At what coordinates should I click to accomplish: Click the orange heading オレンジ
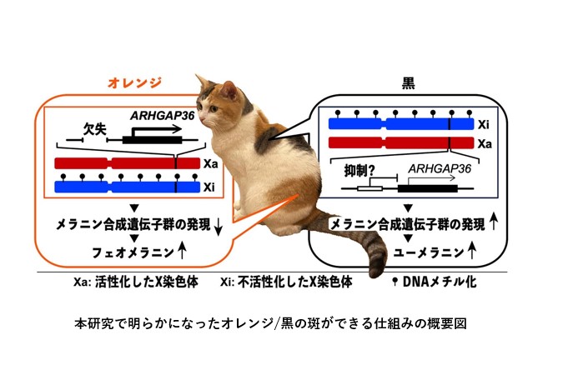tap(134, 82)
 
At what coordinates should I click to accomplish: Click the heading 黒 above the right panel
tap(408, 82)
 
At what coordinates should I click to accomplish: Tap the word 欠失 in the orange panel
tap(95, 129)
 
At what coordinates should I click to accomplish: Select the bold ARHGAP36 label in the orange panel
tap(163, 116)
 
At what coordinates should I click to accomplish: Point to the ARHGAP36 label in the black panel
tap(440, 168)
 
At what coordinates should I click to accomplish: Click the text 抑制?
tap(357, 171)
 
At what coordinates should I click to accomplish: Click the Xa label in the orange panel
tap(211, 164)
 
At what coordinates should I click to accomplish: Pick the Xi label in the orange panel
tap(209, 187)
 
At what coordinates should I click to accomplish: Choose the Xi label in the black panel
tap(483, 124)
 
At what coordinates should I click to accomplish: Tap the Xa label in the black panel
tap(485, 144)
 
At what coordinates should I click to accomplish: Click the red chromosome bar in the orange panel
tap(127, 163)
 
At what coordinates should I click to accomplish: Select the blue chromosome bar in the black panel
tap(401, 124)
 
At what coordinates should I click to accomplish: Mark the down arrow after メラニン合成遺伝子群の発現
tap(218, 226)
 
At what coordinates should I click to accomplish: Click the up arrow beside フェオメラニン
tap(182, 251)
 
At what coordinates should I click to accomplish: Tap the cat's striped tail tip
tap(376, 271)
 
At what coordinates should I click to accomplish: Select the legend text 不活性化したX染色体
tap(294, 282)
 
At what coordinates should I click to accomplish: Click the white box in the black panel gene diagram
tap(369, 188)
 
